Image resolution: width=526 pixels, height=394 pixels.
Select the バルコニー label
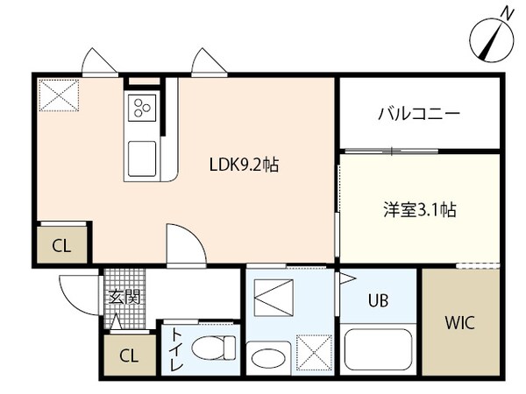click(x=419, y=114)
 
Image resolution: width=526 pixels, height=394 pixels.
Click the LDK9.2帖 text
click(x=243, y=164)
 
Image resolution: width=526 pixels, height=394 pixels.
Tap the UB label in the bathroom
click(x=377, y=300)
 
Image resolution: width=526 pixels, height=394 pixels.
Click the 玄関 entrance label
click(x=124, y=298)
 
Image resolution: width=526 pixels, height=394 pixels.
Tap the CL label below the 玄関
click(x=127, y=355)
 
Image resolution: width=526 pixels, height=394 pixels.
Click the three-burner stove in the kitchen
click(x=142, y=108)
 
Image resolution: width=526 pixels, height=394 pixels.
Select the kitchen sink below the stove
click(x=142, y=158)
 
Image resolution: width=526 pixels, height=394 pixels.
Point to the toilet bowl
click(x=213, y=348)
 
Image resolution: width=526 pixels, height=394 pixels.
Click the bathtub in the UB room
click(x=378, y=349)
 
